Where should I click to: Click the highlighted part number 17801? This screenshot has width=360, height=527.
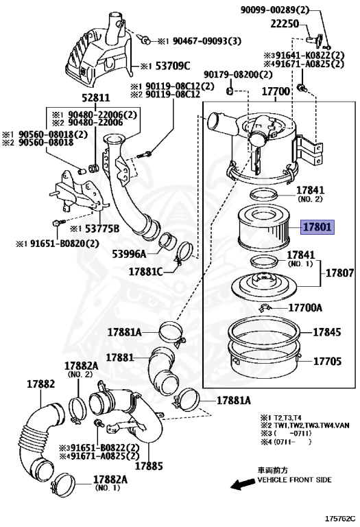click(317, 227)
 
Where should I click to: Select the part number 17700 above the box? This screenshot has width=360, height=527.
click(276, 91)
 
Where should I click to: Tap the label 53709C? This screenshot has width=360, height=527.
click(173, 66)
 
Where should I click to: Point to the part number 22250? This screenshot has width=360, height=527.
click(285, 23)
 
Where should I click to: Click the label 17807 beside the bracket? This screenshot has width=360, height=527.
click(339, 273)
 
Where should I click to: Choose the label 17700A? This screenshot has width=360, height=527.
click(305, 307)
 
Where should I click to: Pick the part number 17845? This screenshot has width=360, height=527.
click(327, 332)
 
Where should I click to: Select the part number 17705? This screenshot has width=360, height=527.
click(327, 362)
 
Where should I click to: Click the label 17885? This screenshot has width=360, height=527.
click(149, 466)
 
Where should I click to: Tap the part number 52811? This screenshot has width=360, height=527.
click(96, 98)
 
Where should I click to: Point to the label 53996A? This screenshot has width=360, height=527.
click(130, 254)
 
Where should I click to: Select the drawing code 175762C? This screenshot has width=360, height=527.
click(339, 519)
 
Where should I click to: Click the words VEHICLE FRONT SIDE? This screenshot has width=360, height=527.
click(294, 480)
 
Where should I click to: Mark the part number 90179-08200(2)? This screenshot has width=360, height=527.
click(238, 74)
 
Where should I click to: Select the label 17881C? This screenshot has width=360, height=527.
click(146, 272)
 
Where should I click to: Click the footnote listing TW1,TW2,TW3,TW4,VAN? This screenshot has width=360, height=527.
click(305, 425)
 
